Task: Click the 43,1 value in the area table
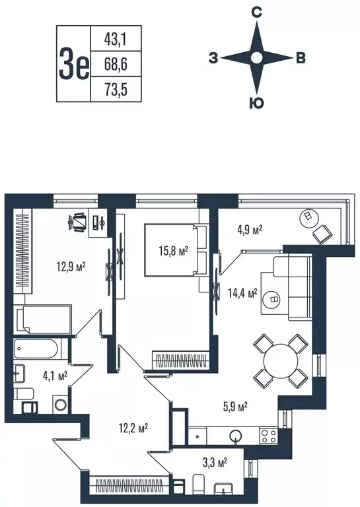116,40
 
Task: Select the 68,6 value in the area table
116,64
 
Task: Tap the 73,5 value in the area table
116,89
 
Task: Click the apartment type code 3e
73,64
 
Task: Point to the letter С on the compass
256,13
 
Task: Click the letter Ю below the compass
256,103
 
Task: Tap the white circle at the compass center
256,58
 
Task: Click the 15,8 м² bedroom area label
173,251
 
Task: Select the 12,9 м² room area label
71,267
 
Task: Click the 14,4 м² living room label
242,293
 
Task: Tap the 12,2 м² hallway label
133,428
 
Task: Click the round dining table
281,361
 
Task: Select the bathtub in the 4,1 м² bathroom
36,349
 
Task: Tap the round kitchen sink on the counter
235,436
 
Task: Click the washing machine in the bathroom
61,405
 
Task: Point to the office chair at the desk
78,222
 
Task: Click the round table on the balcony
307,216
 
